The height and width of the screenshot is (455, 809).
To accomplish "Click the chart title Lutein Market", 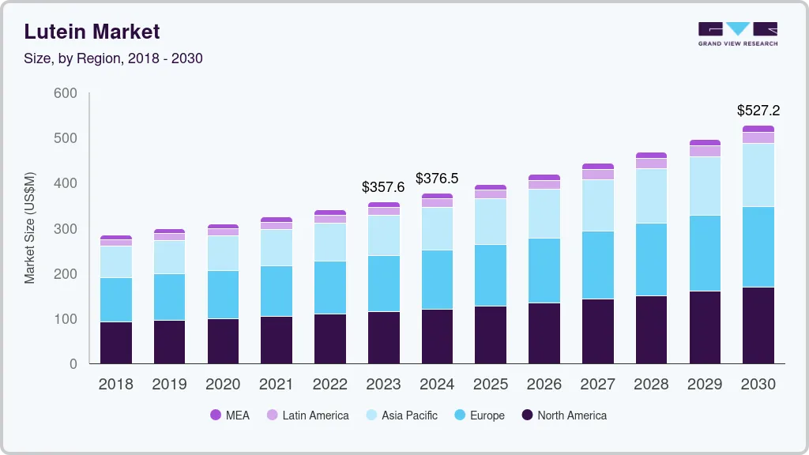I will tap(92, 32).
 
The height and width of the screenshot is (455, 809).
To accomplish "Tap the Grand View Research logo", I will tap(737, 34).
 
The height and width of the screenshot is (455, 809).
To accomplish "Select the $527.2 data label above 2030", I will tap(758, 111).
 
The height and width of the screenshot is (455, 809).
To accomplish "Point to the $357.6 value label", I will tap(383, 187).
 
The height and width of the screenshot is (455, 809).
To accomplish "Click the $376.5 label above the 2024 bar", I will tap(437, 179).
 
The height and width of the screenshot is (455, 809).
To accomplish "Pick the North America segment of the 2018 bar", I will tap(115, 343).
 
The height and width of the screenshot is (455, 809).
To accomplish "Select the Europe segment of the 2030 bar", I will tap(758, 246).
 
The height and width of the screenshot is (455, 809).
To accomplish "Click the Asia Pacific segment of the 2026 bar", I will tap(544, 213).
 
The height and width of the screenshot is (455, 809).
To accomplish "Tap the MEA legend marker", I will tap(216, 416).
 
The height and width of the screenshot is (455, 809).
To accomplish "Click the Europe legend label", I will tap(487, 416).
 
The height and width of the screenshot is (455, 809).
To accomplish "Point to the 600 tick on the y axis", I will tap(65, 93).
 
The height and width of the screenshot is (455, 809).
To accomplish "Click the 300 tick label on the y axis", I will tap(65, 229).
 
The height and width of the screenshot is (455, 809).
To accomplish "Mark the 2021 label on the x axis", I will tap(277, 385).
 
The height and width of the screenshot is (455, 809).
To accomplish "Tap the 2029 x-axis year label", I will tap(705, 385).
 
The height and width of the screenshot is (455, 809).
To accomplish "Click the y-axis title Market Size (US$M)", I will tap(30, 227).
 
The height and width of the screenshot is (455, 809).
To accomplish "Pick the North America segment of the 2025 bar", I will tap(491, 335).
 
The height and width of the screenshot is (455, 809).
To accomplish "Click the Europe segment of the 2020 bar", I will tap(223, 295).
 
